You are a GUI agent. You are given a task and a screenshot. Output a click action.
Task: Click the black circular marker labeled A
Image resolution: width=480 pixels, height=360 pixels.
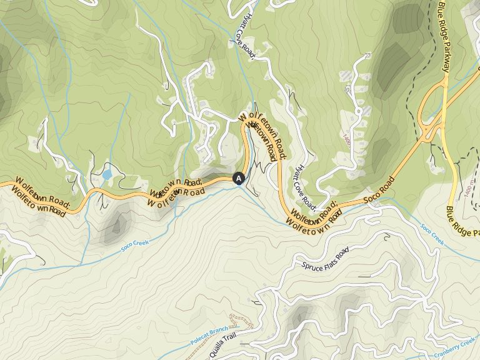click(x=238, y=178)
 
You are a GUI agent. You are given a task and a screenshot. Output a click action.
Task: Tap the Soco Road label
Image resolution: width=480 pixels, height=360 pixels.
click(x=379, y=192)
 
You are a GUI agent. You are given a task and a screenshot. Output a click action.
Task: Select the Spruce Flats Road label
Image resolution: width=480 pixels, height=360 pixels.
click(x=324, y=259)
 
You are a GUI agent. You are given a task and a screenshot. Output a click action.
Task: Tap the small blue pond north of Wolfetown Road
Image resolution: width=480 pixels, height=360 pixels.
click(x=107, y=174)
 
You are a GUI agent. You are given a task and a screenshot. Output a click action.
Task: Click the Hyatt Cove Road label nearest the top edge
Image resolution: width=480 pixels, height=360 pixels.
click(x=242, y=34)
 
